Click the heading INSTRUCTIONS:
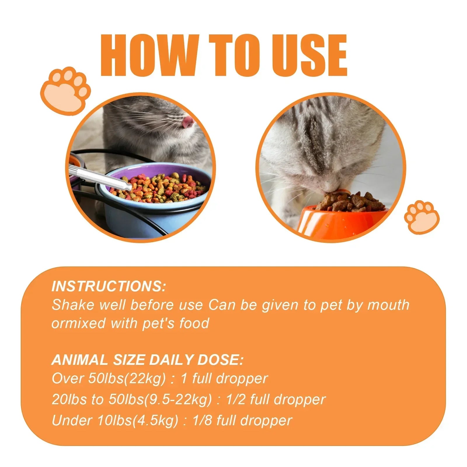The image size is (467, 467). [109, 286]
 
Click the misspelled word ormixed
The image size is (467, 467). [78, 323]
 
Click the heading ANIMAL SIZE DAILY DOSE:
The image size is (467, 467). [147, 360]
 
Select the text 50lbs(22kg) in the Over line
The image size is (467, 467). [127, 379]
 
